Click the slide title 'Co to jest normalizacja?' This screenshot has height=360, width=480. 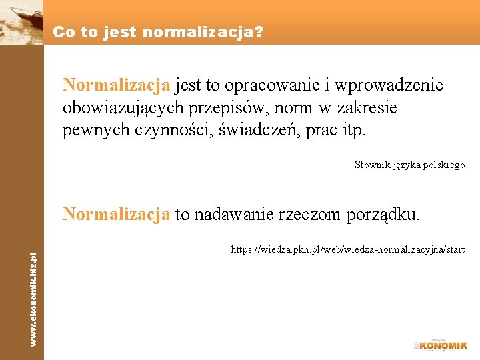point(158,31)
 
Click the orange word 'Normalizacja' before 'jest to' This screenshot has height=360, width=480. point(117,86)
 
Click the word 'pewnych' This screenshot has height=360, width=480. point(93,130)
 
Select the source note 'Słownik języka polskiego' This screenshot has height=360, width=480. point(409,165)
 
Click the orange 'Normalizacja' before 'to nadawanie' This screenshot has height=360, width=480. point(117,215)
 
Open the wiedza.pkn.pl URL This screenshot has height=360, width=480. point(347,250)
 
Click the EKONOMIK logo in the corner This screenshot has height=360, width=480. point(441,345)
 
